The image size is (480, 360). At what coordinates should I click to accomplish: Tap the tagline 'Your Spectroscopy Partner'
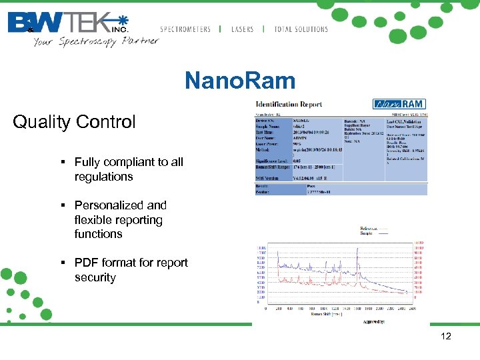(x=96, y=41)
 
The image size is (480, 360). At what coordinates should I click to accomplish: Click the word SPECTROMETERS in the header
(x=185, y=29)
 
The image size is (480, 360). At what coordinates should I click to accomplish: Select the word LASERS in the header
(x=242, y=29)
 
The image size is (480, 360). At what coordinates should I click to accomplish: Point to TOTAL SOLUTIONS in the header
(x=301, y=29)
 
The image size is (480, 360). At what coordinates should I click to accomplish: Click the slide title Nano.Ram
(x=240, y=81)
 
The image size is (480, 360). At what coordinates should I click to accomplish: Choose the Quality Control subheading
(x=74, y=122)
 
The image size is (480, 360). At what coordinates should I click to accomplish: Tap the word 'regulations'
(x=103, y=177)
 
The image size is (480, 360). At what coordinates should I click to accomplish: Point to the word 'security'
(x=95, y=277)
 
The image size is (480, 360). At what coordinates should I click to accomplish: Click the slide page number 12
(x=446, y=336)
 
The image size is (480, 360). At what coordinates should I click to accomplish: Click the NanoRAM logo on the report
(x=399, y=104)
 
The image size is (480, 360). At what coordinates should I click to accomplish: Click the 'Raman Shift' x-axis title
(x=326, y=314)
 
